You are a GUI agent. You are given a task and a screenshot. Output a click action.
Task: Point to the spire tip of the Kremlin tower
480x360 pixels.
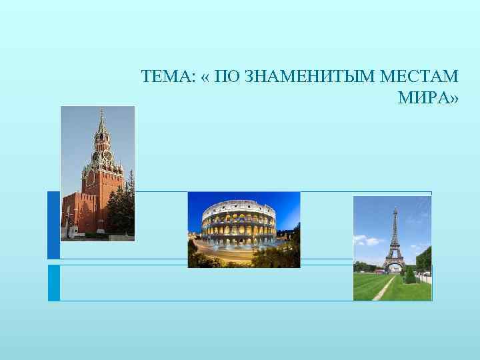[x=101, y=111]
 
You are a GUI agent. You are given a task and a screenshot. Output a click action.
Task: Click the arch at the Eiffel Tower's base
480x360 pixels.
[x=393, y=268]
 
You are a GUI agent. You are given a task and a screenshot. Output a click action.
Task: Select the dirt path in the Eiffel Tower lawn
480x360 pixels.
[x=383, y=290]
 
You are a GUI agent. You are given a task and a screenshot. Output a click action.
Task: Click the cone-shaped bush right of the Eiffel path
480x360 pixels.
[x=409, y=274]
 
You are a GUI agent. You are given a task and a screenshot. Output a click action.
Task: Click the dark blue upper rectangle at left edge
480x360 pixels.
[x=53, y=225]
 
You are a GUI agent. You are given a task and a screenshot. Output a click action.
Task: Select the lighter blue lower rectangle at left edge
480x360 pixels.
[x=53, y=283]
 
